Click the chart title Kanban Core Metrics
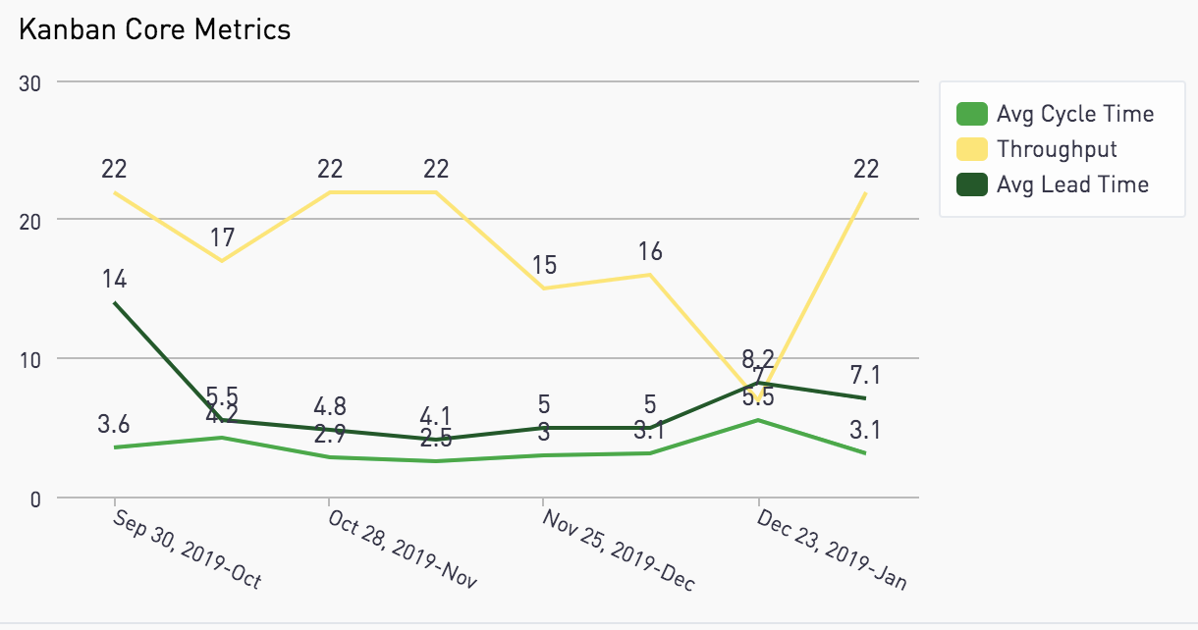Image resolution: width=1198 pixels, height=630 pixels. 155,29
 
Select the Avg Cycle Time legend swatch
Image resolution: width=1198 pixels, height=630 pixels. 971,114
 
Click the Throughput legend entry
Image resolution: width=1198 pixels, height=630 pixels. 1057,149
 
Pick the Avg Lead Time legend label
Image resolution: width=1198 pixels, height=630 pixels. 1072,184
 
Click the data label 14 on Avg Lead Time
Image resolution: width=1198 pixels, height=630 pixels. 114,279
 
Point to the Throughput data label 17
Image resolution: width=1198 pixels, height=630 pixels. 222,237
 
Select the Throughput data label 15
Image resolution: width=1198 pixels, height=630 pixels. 542,265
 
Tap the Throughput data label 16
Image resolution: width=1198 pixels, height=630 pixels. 650,251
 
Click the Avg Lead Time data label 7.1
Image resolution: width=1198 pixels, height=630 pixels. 866,375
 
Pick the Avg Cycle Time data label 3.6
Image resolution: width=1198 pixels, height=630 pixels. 114,425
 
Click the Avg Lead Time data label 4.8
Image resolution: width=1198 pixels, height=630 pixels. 330,405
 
